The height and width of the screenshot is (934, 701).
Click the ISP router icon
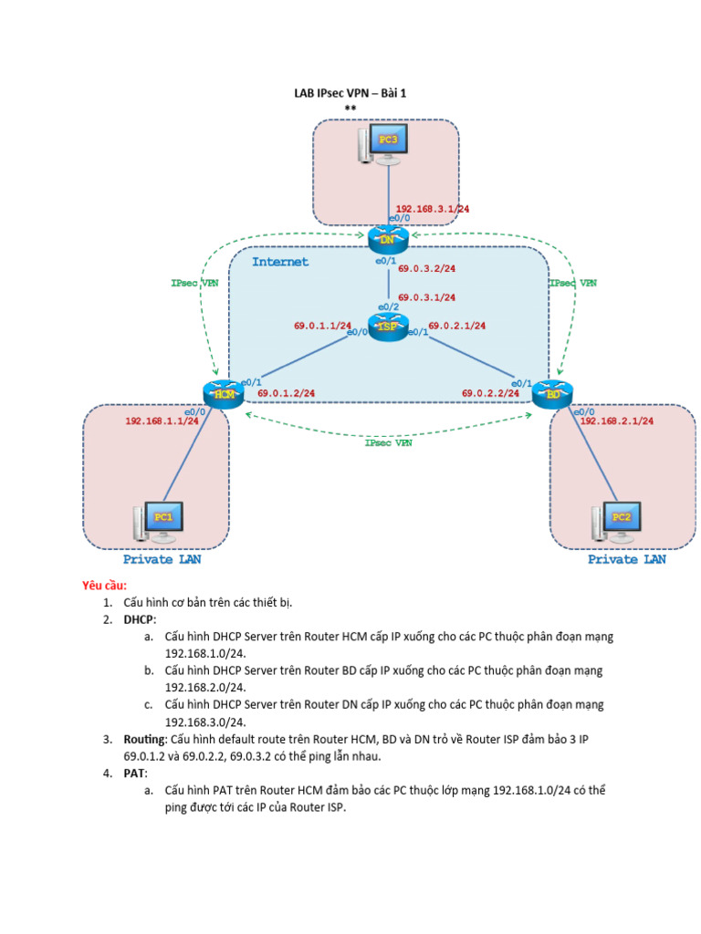tap(387, 327)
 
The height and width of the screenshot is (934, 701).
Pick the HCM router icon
tap(223, 393)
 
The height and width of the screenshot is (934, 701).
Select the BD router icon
tap(553, 393)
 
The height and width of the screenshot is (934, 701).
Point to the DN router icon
tap(387, 240)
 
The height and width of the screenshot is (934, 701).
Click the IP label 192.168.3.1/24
tap(432, 209)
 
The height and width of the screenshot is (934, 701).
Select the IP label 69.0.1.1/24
tap(322, 325)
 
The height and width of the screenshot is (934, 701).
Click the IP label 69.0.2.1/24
tap(456, 325)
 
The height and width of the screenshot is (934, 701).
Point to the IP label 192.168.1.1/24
tap(162, 421)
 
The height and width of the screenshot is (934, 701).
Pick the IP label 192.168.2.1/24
tap(617, 421)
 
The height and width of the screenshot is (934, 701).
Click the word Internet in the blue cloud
tap(280, 262)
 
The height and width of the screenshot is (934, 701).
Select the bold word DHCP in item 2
tap(141, 619)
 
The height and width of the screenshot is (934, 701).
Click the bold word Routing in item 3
tap(145, 739)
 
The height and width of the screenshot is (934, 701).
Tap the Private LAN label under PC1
tap(162, 559)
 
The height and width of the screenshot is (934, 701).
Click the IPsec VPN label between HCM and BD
tap(388, 443)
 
